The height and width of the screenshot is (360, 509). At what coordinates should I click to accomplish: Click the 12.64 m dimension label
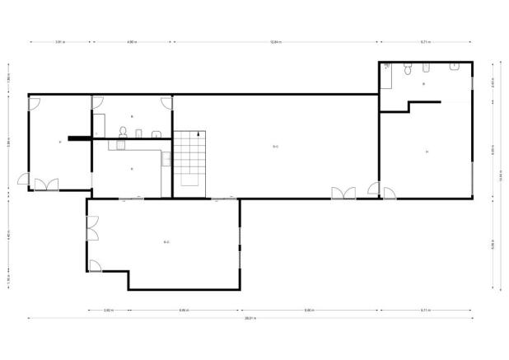click(x=275, y=41)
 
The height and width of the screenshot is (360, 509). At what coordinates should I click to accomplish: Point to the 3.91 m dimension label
click(x=60, y=41)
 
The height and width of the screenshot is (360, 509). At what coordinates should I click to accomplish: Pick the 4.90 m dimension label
click(x=132, y=41)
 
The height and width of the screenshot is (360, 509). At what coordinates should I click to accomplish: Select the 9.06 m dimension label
click(x=307, y=310)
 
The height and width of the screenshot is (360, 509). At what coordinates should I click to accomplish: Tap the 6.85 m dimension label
click(x=183, y=310)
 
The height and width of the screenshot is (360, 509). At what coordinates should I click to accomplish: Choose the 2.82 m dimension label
click(x=108, y=310)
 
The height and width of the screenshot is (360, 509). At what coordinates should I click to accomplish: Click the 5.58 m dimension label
click(x=493, y=244)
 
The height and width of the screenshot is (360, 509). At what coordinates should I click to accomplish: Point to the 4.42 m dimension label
click(x=9, y=234)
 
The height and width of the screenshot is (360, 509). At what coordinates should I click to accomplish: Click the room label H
click(x=427, y=152)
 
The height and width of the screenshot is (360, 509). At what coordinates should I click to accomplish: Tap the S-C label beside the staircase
click(x=276, y=147)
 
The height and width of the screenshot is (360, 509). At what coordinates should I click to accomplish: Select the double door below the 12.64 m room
click(x=343, y=194)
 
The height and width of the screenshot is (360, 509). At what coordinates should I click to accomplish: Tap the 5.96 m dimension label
click(x=9, y=142)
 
